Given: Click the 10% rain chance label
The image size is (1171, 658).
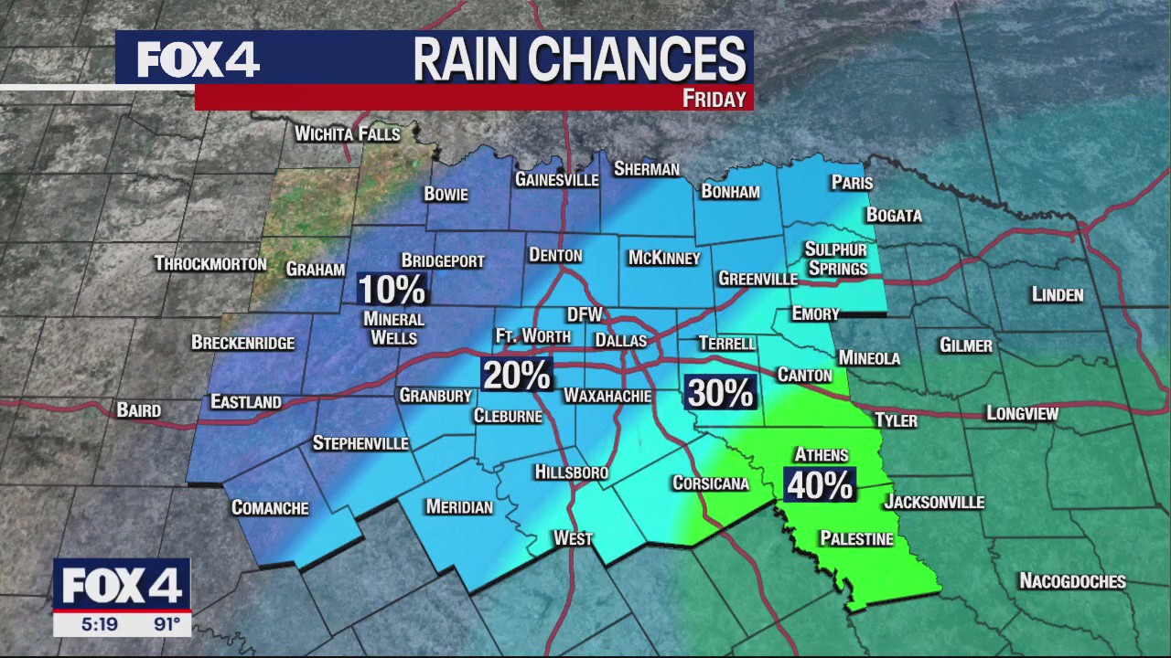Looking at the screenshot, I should click(x=392, y=290).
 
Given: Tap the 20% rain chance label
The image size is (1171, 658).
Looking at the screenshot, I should click(x=517, y=375).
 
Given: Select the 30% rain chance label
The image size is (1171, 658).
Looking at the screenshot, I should click(x=720, y=393).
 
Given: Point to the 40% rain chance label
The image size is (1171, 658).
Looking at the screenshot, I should click(x=820, y=485).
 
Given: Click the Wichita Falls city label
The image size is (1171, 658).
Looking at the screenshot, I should click(x=348, y=134).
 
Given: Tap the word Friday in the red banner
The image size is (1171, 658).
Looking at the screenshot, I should click(x=714, y=99).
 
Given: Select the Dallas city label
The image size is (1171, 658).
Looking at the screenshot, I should click(x=620, y=341).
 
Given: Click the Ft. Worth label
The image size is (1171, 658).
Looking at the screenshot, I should click(x=532, y=336).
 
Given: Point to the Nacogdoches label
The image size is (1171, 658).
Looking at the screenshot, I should click(x=1072, y=581).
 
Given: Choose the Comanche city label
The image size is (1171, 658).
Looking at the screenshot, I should click(x=270, y=508).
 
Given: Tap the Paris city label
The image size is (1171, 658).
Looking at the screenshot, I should click(x=852, y=183).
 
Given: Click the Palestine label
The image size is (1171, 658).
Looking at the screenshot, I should click(x=856, y=539).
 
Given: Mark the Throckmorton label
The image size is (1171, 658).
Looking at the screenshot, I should click(x=210, y=264).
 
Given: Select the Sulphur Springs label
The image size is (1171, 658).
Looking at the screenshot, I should click(x=837, y=259).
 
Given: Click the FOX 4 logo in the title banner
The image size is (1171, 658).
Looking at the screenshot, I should click(x=199, y=59).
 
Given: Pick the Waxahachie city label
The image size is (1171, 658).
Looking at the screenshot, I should click(x=607, y=396).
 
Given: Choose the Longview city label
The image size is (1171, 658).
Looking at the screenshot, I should click(x=1022, y=414).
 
